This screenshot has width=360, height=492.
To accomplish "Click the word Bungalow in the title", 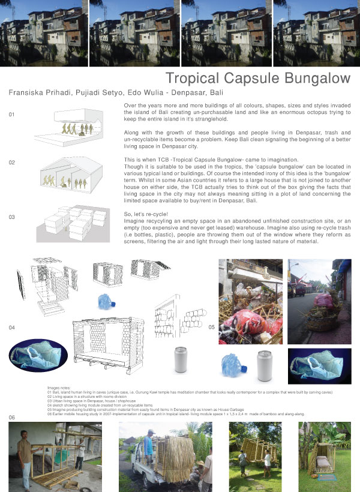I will [x=313, y=78].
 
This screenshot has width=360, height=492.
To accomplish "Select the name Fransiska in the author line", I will [x=29, y=93].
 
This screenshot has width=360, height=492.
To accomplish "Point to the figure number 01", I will [x=11, y=115].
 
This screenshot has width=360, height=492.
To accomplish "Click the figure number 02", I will [x=11, y=163].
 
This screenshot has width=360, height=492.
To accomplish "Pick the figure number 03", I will [x=11, y=217].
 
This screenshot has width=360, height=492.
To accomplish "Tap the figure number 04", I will [x=11, y=328].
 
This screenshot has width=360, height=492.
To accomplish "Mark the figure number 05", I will [x=211, y=328].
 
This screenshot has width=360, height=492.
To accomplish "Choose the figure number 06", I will [x=11, y=417].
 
